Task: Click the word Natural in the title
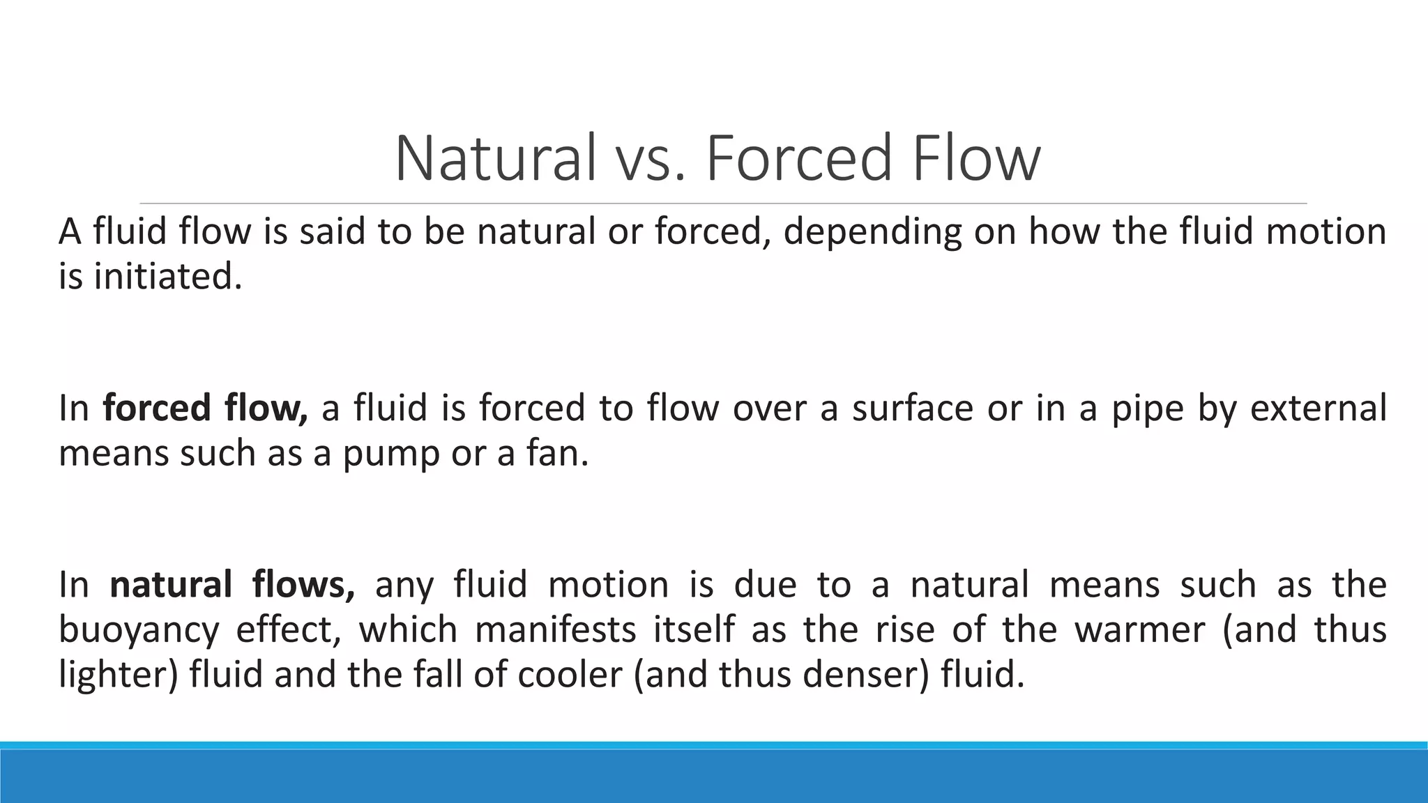tap(496, 159)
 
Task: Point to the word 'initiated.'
tap(168, 277)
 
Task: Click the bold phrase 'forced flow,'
tap(205, 408)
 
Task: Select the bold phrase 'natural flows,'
tap(232, 584)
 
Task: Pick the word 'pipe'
tap(1148, 408)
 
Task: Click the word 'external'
tap(1318, 408)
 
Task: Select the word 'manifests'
tap(556, 629)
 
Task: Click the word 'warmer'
tap(1139, 629)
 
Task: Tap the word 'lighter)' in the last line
tap(118, 675)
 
